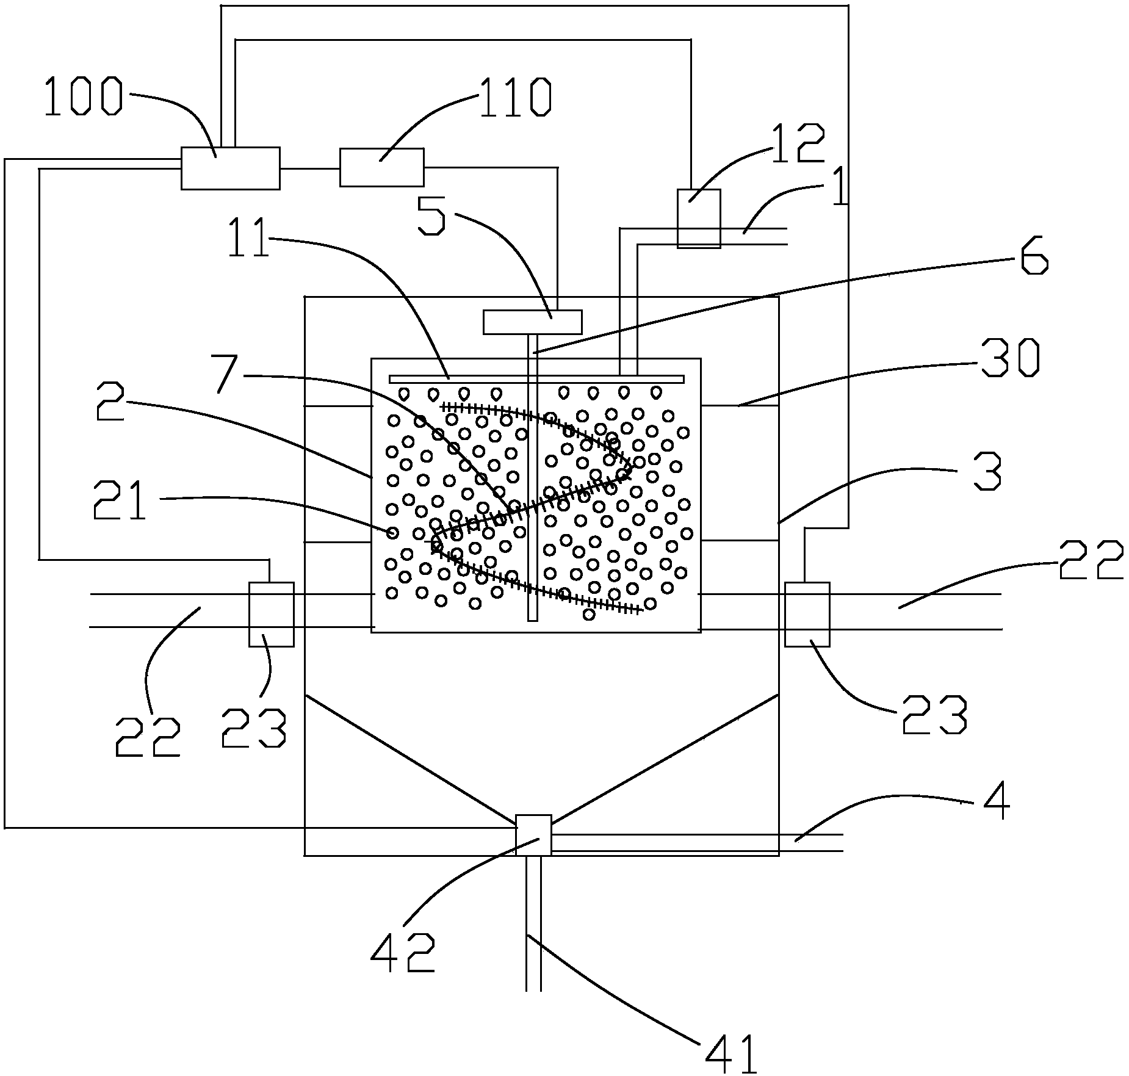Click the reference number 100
pos(83,98)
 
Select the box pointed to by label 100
pos(230,168)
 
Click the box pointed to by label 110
pos(381,167)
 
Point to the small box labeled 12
pos(699,218)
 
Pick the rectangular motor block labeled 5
pos(532,322)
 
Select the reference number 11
pos(248,239)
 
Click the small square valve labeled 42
pos(533,834)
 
